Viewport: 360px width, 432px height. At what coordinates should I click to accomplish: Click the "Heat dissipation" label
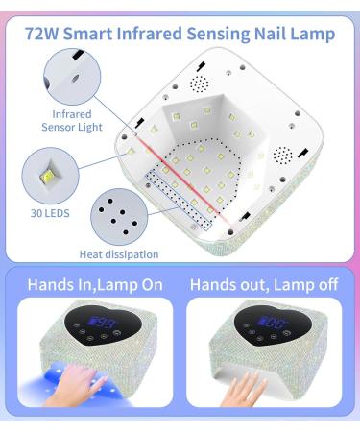120,255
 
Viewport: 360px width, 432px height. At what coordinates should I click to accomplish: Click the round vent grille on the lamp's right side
283,155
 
